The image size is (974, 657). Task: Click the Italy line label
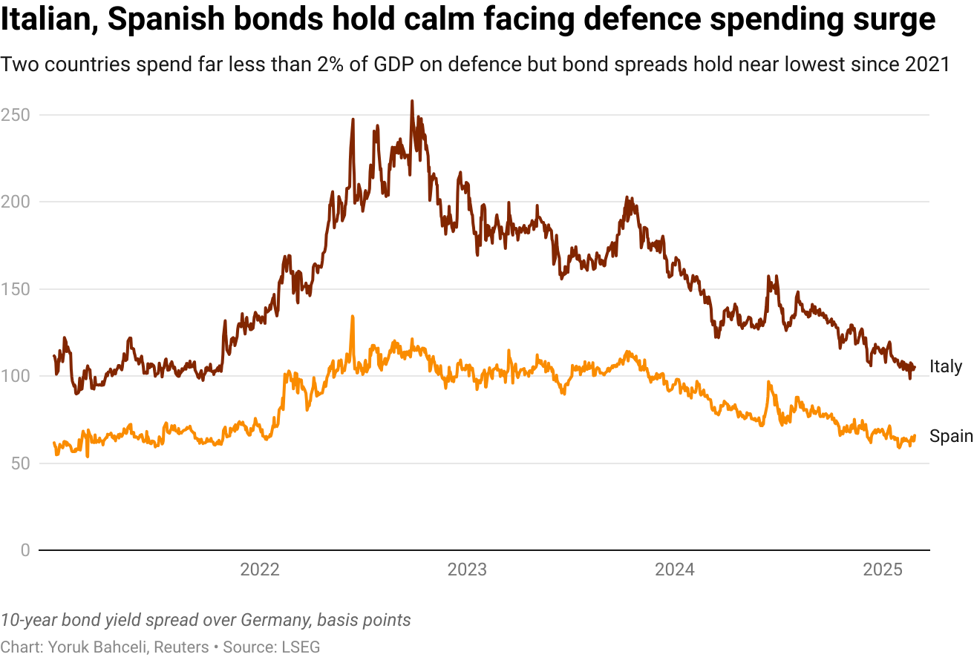945,366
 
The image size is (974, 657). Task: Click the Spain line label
951,437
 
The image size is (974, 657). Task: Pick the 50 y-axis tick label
20,463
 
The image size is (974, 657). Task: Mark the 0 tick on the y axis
25,550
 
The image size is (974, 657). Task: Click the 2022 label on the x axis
259,569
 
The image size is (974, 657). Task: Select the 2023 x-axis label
467,569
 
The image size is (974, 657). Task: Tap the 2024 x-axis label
675,569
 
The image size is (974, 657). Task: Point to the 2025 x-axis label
883,569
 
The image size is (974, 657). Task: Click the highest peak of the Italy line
412,102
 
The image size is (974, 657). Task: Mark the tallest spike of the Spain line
352,317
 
